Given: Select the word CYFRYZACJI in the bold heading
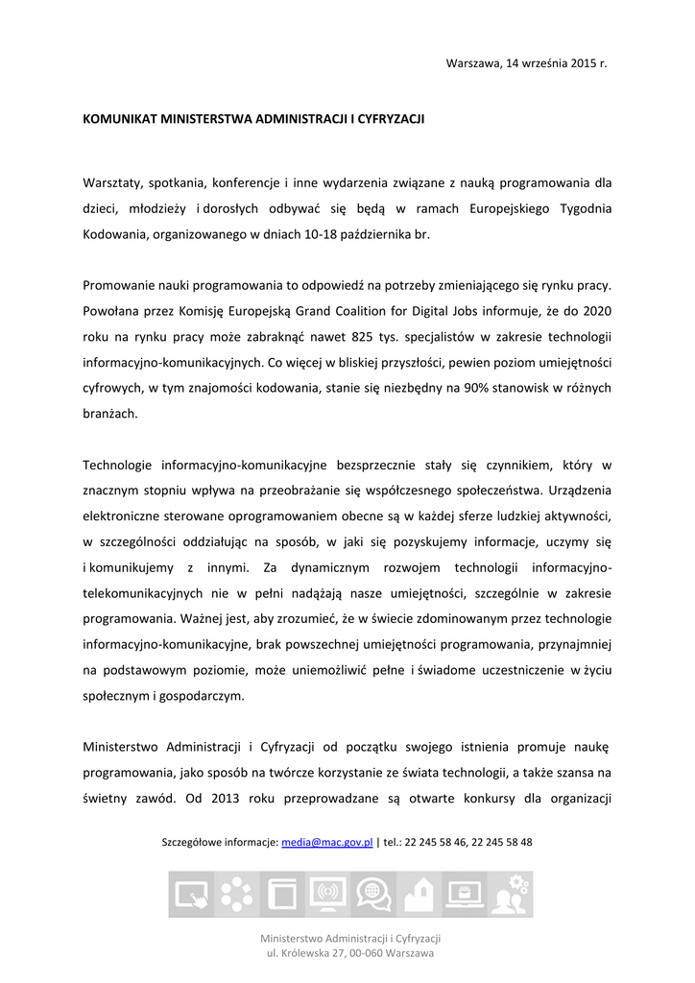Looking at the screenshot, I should point(391,120).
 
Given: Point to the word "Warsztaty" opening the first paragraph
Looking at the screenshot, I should point(111,181).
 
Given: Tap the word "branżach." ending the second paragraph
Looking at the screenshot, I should point(110,415).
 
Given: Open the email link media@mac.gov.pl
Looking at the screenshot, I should point(326,842).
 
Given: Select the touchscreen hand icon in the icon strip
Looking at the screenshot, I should point(192,895).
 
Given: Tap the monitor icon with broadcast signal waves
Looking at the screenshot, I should point(328,895).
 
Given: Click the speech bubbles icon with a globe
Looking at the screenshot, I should point(371,895).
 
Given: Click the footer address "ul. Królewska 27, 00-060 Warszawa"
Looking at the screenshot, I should point(349,953).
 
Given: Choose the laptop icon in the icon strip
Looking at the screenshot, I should point(467,895).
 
